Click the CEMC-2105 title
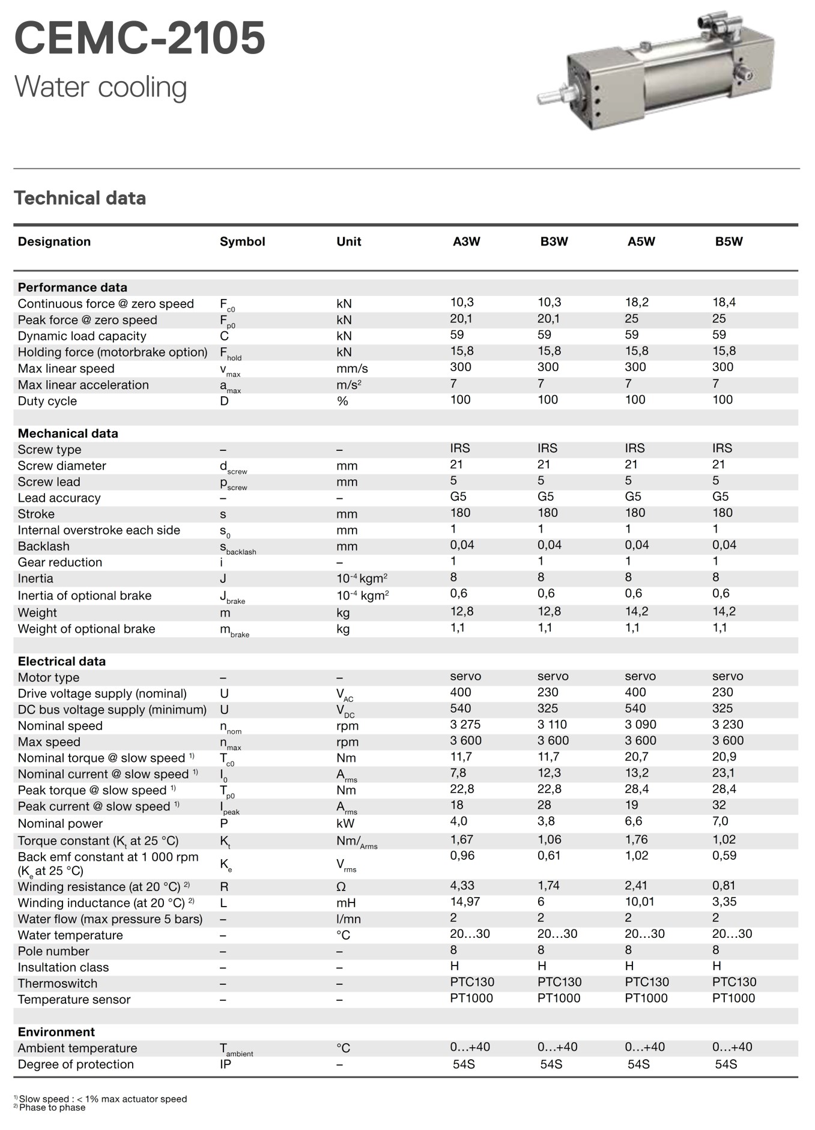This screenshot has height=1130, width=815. (x=139, y=38)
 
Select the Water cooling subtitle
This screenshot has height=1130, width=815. (x=100, y=87)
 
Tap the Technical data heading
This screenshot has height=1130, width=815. (x=80, y=198)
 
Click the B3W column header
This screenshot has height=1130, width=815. (x=554, y=241)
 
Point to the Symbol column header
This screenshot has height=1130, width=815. (x=242, y=241)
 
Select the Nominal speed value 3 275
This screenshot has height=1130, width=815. (x=465, y=725)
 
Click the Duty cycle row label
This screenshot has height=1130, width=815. (x=47, y=401)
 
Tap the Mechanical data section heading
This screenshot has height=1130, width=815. (x=68, y=434)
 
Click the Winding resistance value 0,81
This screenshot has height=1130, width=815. (x=724, y=886)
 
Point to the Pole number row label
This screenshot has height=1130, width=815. (x=53, y=951)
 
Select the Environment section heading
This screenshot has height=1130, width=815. (x=56, y=1032)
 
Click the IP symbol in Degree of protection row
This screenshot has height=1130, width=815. (x=225, y=1065)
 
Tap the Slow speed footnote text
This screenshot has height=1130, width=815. (x=103, y=1099)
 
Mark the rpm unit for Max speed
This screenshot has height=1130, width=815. (x=347, y=742)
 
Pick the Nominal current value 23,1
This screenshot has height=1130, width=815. (x=724, y=773)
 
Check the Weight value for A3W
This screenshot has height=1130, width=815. (x=462, y=612)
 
